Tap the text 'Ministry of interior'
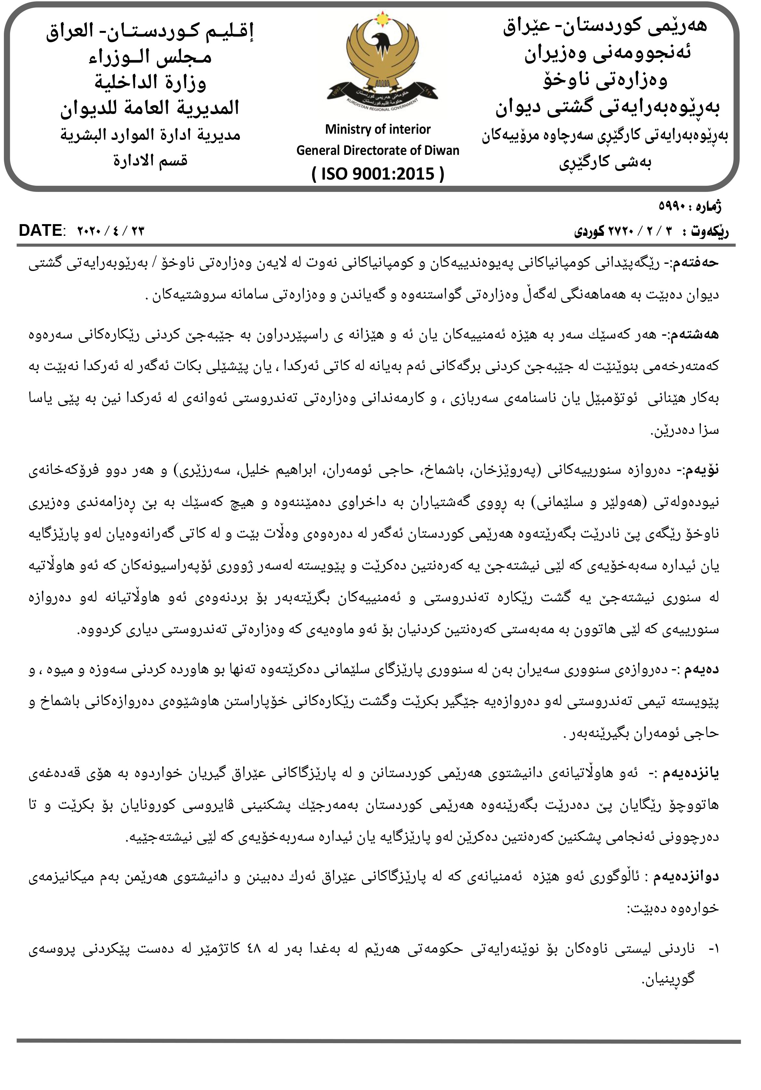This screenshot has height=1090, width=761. click(378, 129)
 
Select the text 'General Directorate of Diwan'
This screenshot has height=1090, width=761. click(378, 151)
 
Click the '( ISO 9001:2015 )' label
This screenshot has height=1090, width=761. click(378, 174)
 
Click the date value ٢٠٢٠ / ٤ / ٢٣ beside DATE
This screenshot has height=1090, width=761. click(111, 231)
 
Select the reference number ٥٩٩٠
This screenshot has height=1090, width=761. click(671, 207)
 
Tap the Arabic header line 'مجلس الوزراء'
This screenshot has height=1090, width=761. click(150, 57)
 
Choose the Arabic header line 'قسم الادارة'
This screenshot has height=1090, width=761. click(150, 160)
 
